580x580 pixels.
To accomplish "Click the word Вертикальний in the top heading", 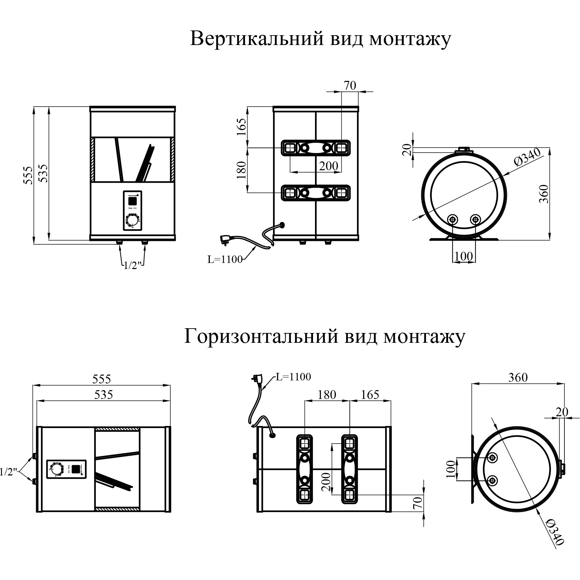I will [x=252, y=39].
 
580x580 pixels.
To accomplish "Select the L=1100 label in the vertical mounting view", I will [x=225, y=260].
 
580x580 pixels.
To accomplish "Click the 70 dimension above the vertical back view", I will [x=350, y=86].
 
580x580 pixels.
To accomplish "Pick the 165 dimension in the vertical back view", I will [x=242, y=127].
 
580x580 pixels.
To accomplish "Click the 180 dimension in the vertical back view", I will [x=242, y=170].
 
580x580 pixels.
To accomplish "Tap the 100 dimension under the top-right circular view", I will [x=464, y=256].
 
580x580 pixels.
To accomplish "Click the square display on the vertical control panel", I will [x=132, y=201].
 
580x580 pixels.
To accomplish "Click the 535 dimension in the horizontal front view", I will [x=104, y=395].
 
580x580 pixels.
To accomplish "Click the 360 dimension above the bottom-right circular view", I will [x=518, y=377].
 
